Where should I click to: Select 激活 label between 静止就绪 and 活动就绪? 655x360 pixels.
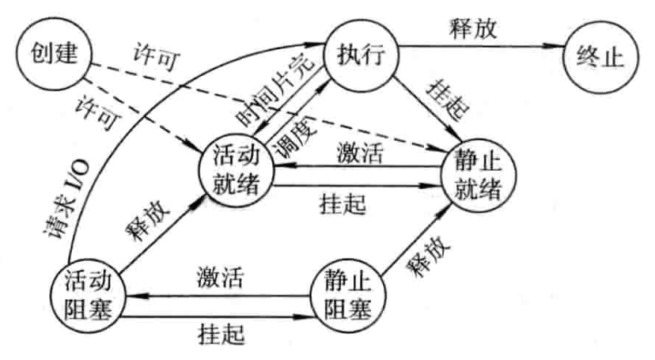click(x=361, y=152)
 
